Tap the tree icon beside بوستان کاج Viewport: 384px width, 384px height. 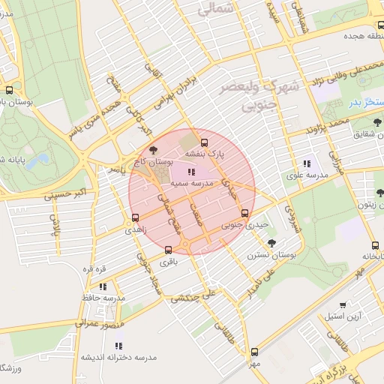pos(154,150)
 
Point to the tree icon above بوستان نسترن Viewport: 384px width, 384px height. pos(271,242)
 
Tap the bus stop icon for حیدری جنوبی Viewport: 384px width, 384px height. pos(244,212)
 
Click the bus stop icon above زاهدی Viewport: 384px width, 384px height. pos(134,218)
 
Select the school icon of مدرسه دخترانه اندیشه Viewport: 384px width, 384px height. pos(118,346)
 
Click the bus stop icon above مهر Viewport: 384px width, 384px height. pos(254,351)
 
